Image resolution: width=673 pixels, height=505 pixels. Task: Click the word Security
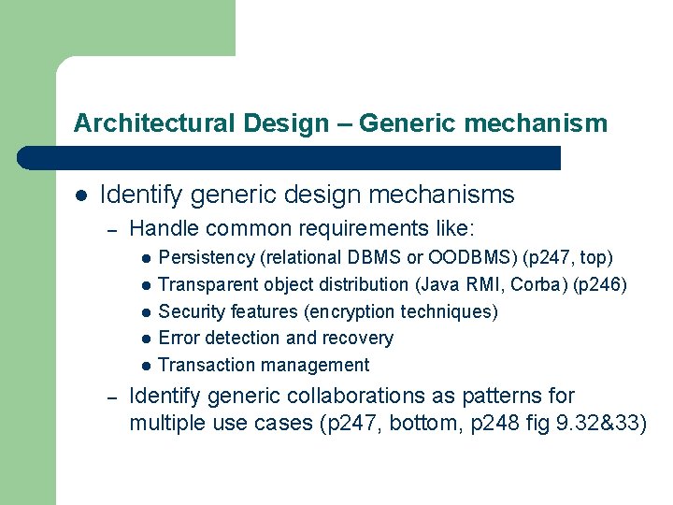(192, 311)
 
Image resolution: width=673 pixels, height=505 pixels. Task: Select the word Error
(179, 339)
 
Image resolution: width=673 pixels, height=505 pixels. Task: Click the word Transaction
(205, 366)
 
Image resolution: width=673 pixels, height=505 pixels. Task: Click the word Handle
(160, 227)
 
